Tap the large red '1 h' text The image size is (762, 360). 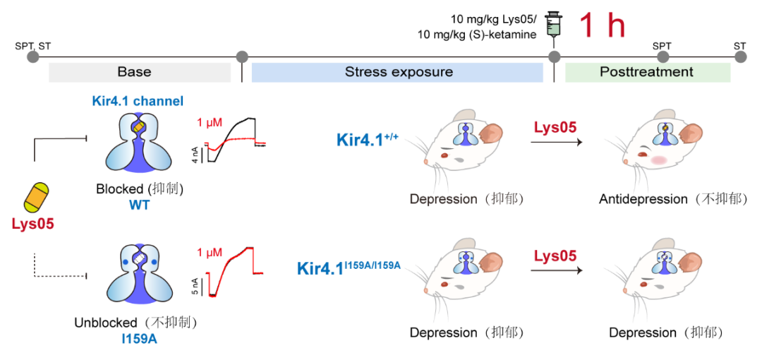(x=602, y=26)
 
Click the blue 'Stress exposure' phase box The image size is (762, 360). (x=398, y=72)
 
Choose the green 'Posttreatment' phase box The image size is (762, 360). (x=646, y=72)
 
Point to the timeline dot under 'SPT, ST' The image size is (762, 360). (x=32, y=56)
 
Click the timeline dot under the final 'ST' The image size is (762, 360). (x=739, y=56)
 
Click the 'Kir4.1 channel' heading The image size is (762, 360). (x=138, y=101)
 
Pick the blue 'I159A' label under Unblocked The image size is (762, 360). (x=139, y=340)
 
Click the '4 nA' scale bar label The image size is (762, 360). (x=195, y=156)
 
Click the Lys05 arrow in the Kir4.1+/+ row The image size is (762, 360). (x=556, y=142)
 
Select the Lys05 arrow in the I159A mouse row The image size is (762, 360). (x=556, y=270)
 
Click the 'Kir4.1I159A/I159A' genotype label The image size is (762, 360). (x=349, y=268)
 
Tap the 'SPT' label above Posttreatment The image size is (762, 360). (x=662, y=46)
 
